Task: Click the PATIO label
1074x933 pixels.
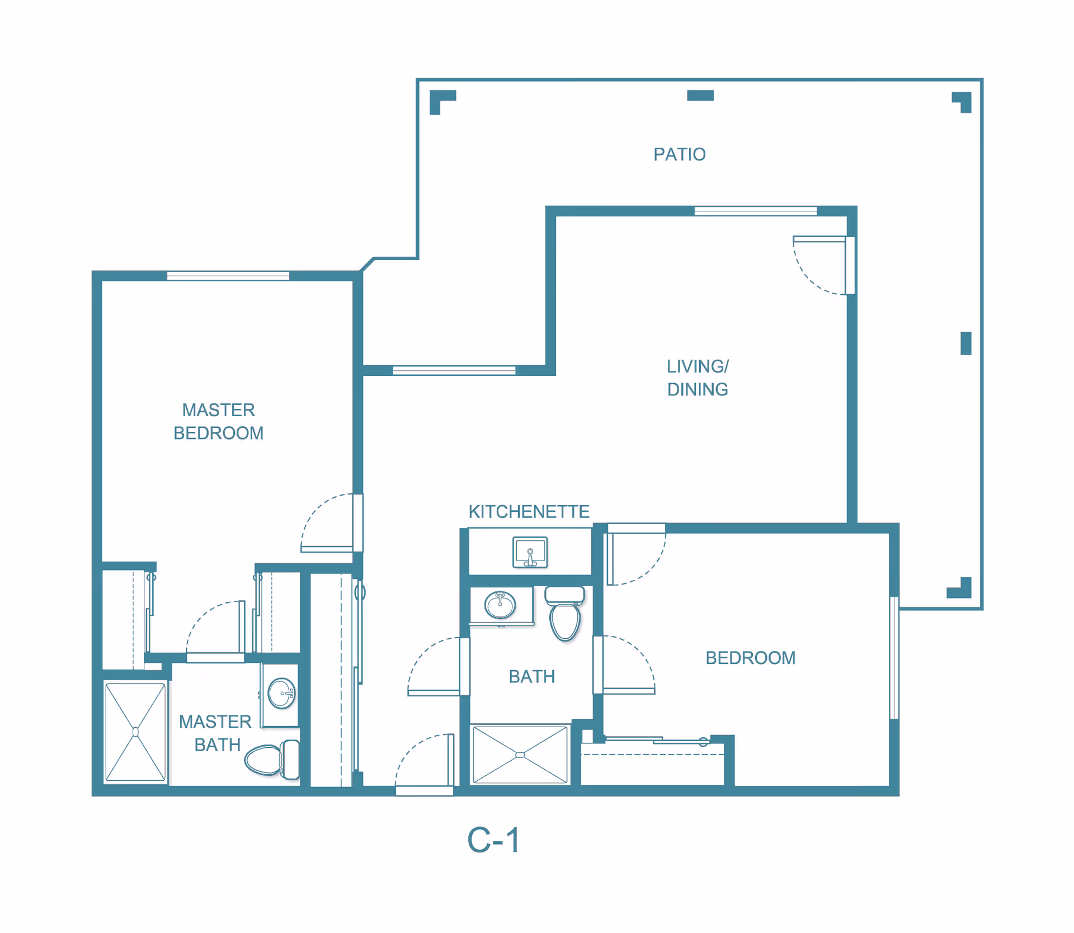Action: click(x=679, y=154)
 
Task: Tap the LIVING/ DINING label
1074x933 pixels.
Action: click(x=697, y=378)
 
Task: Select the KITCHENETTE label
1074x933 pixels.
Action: click(x=529, y=511)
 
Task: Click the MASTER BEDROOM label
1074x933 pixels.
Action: click(x=218, y=421)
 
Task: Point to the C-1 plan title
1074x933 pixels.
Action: click(x=493, y=840)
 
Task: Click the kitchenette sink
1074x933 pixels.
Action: click(x=530, y=553)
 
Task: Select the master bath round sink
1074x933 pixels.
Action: click(x=281, y=693)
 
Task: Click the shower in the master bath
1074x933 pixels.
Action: click(x=135, y=732)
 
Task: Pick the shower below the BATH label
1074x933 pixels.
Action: click(x=520, y=755)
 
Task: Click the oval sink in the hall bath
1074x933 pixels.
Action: click(x=500, y=605)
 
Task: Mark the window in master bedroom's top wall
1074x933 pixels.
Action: click(x=228, y=275)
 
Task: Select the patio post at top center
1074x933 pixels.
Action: click(x=700, y=96)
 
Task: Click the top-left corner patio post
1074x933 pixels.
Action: click(x=441, y=101)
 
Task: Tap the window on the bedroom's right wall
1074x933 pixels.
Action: click(x=894, y=657)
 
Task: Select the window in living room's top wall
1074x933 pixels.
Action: click(x=755, y=211)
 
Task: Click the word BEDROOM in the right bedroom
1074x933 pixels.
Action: click(x=750, y=658)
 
